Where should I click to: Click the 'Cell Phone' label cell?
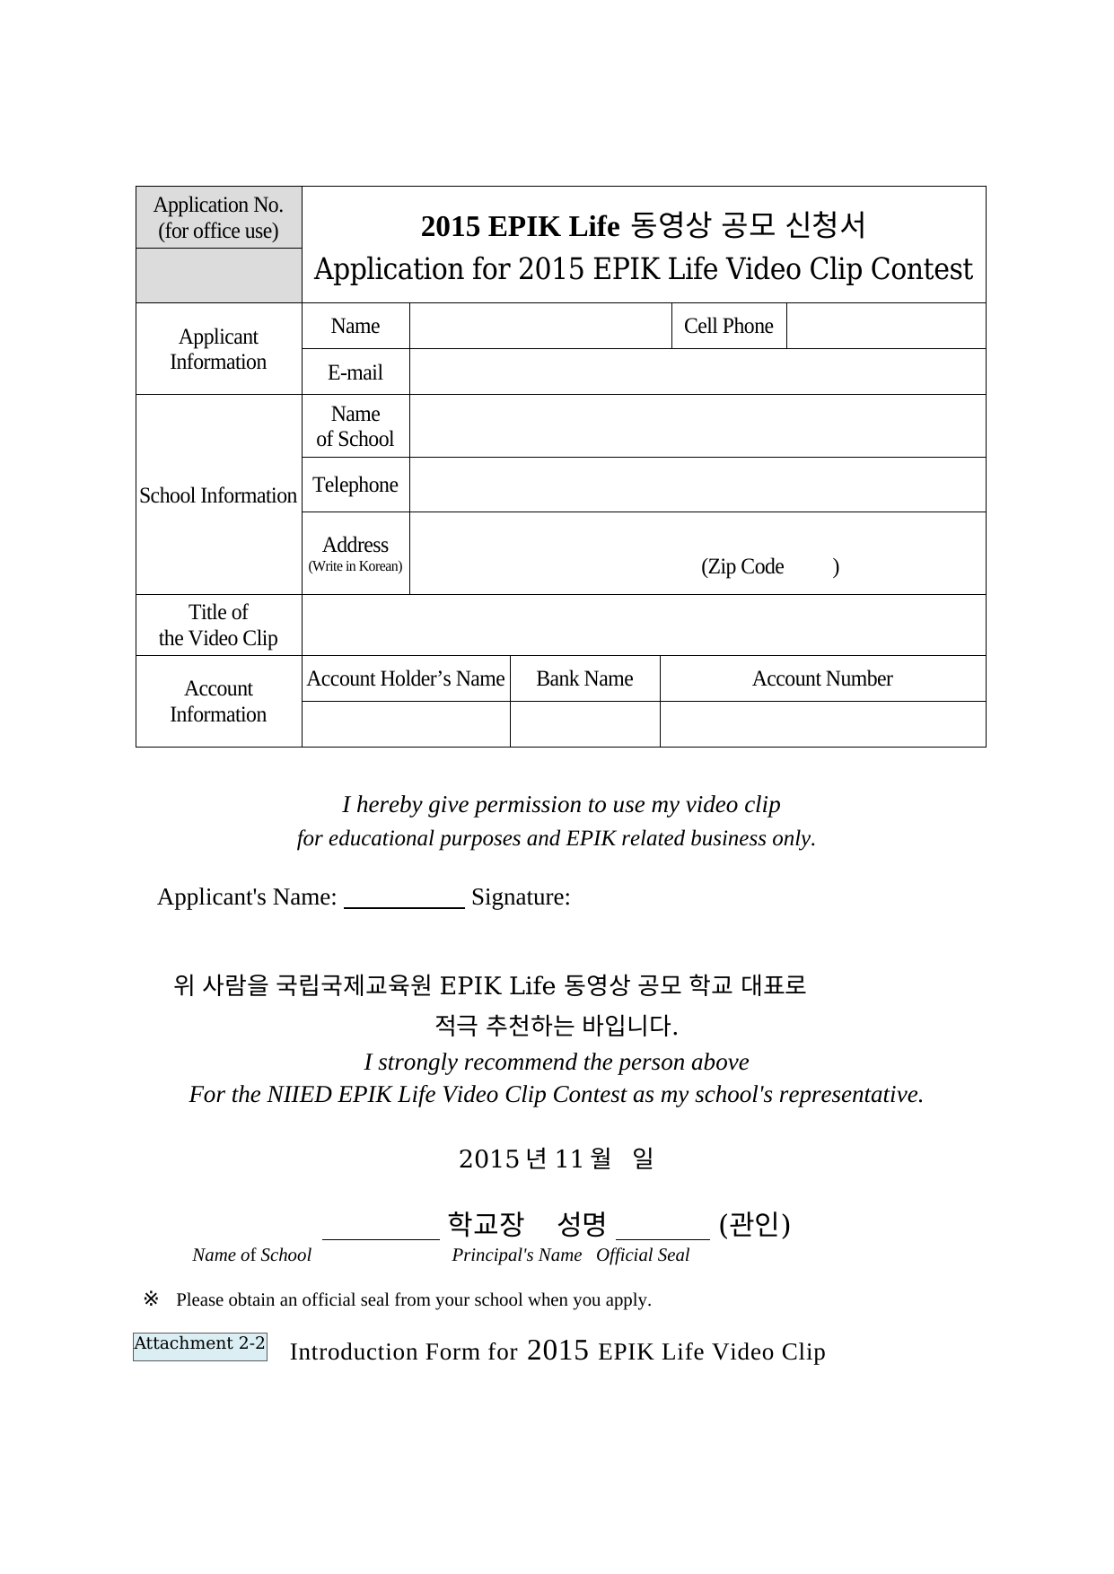click(x=728, y=326)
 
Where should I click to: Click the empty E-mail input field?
click(x=697, y=372)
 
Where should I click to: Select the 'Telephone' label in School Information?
click(x=355, y=485)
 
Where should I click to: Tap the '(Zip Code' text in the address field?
click(x=742, y=567)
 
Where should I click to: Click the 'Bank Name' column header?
click(x=584, y=678)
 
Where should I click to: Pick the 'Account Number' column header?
click(x=822, y=678)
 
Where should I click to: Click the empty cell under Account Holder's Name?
click(x=406, y=724)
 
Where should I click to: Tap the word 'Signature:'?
click(x=521, y=897)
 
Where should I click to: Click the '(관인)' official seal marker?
click(x=754, y=1224)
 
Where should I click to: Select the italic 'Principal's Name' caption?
click(x=516, y=1255)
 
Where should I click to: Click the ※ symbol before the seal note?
click(x=150, y=1299)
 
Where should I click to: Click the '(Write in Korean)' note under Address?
click(x=355, y=566)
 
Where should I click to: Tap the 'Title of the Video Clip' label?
click(x=218, y=625)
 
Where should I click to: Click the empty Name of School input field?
click(x=697, y=426)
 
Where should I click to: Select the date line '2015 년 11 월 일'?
click(x=556, y=1159)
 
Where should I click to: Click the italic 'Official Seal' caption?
click(x=643, y=1255)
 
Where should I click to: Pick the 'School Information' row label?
click(x=218, y=495)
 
